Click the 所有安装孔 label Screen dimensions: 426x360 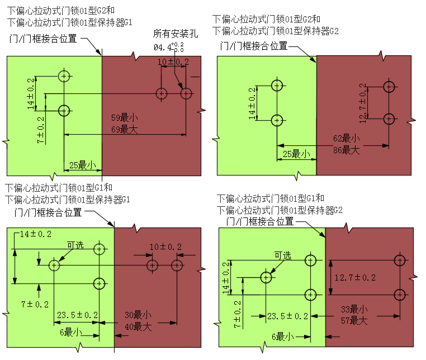click(x=176, y=34)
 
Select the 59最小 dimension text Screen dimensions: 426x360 click(x=125, y=117)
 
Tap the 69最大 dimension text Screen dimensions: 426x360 click(x=125, y=129)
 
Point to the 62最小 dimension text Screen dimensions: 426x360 click(x=347, y=138)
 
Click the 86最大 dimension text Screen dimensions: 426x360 click(x=347, y=150)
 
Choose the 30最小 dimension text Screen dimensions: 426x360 click(x=138, y=315)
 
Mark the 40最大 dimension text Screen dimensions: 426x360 click(x=138, y=326)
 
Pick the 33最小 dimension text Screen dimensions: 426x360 click(x=354, y=309)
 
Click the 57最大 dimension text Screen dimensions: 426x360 click(x=354, y=321)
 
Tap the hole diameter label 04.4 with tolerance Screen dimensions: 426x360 click(x=169, y=47)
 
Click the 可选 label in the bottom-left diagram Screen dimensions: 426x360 click(x=75, y=245)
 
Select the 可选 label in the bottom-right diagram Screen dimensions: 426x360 click(x=282, y=255)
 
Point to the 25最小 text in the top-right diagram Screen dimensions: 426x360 click(x=296, y=154)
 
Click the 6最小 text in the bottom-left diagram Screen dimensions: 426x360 click(x=70, y=332)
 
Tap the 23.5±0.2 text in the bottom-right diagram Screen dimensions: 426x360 click(x=288, y=316)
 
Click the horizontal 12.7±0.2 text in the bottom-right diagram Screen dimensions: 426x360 click(x=355, y=277)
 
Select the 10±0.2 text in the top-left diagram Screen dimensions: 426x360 click(x=173, y=61)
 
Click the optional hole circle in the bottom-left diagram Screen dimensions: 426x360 click(x=54, y=265)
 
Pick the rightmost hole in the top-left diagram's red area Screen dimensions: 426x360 click(x=186, y=94)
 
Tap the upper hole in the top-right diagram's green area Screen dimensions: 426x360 click(x=277, y=86)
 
